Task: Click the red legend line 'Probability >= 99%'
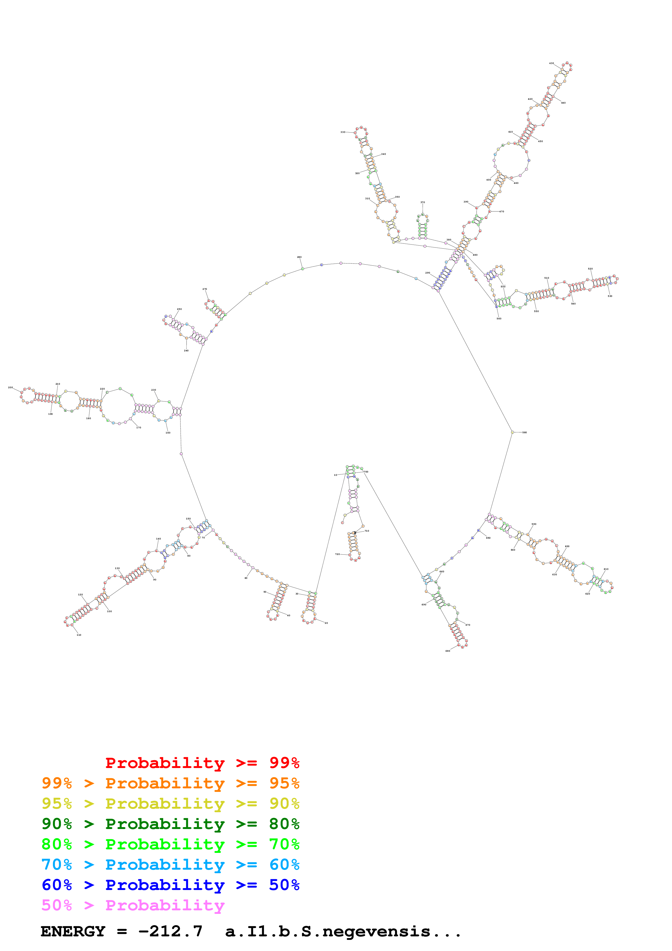(x=202, y=763)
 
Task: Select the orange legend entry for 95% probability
(x=170, y=783)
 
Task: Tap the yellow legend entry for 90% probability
(x=170, y=804)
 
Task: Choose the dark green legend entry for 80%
(x=170, y=824)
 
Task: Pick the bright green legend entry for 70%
(x=170, y=844)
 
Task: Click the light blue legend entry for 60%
(x=170, y=865)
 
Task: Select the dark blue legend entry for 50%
(x=170, y=885)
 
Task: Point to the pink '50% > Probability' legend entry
(x=133, y=905)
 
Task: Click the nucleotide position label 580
(x=525, y=432)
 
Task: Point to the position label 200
(x=10, y=388)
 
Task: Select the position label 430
(x=552, y=63)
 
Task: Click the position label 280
(x=299, y=257)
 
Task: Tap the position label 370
(x=423, y=203)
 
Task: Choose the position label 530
(x=610, y=296)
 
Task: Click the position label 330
(x=343, y=132)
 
